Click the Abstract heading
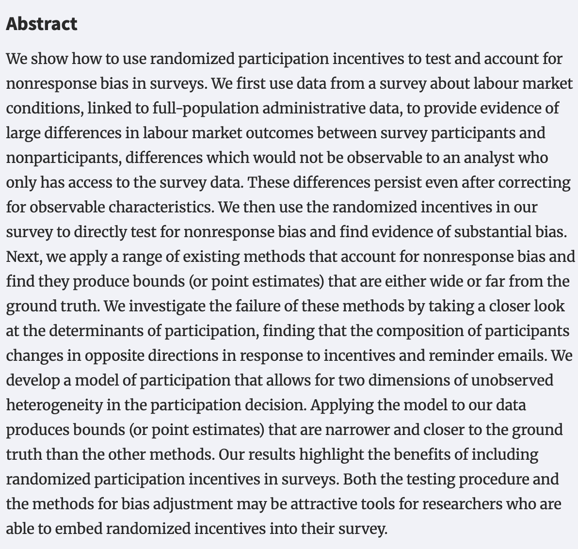[x=42, y=24]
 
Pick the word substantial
[x=491, y=232]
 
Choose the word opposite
[x=114, y=355]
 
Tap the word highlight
[x=331, y=454]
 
